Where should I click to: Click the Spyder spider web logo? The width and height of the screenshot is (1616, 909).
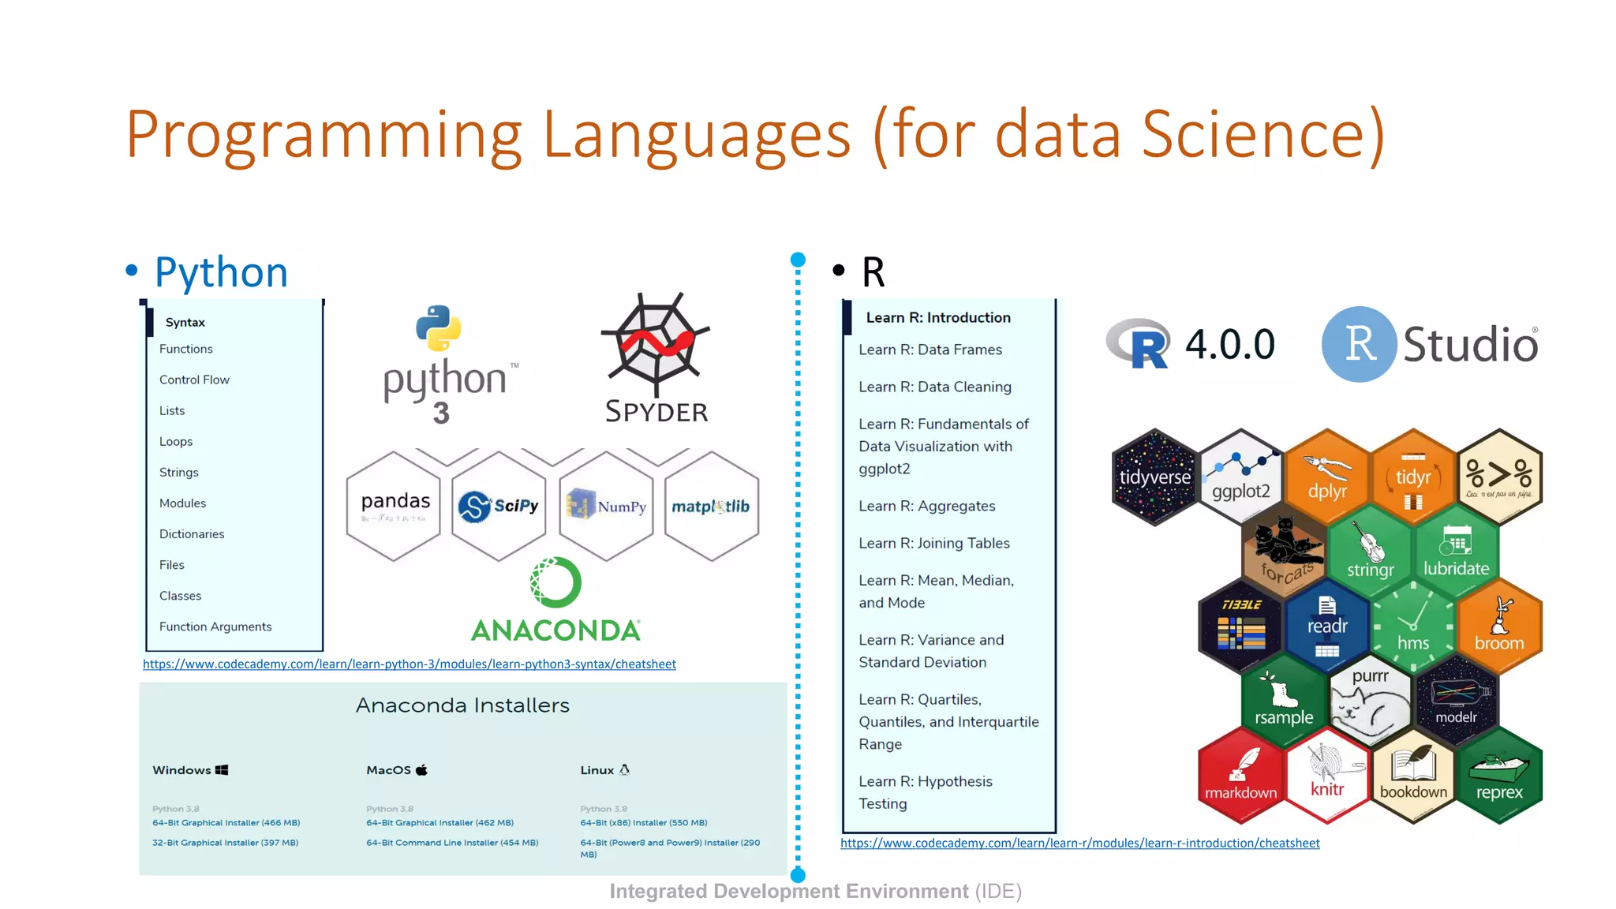pos(655,343)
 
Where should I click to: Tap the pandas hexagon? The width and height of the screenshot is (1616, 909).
pos(395,505)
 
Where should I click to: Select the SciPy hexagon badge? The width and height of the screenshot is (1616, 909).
pos(499,506)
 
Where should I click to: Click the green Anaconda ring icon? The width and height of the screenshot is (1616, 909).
pos(555,582)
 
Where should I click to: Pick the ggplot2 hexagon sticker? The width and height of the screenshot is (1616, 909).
pos(1240,477)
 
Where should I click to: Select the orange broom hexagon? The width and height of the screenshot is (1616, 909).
pos(1499,625)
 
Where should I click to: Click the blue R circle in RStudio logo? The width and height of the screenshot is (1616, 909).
pos(1359,344)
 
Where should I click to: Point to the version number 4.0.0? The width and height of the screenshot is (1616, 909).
pos(1229,344)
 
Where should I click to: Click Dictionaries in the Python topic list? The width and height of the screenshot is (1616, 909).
pos(192,534)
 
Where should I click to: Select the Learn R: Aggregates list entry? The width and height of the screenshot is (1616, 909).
pos(926,506)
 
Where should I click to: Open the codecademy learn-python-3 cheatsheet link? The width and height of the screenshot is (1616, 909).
pos(409,664)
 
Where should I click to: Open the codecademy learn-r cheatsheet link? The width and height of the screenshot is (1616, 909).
pos(1079,844)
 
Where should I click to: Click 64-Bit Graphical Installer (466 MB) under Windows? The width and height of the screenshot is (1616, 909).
pos(226,823)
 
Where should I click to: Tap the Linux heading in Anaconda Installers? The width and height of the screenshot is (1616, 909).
pos(597,770)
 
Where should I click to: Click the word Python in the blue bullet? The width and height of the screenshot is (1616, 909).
pos(221,272)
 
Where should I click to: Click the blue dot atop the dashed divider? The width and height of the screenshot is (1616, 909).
pos(798,260)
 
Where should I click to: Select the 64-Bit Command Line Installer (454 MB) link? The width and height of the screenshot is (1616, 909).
pos(452,843)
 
